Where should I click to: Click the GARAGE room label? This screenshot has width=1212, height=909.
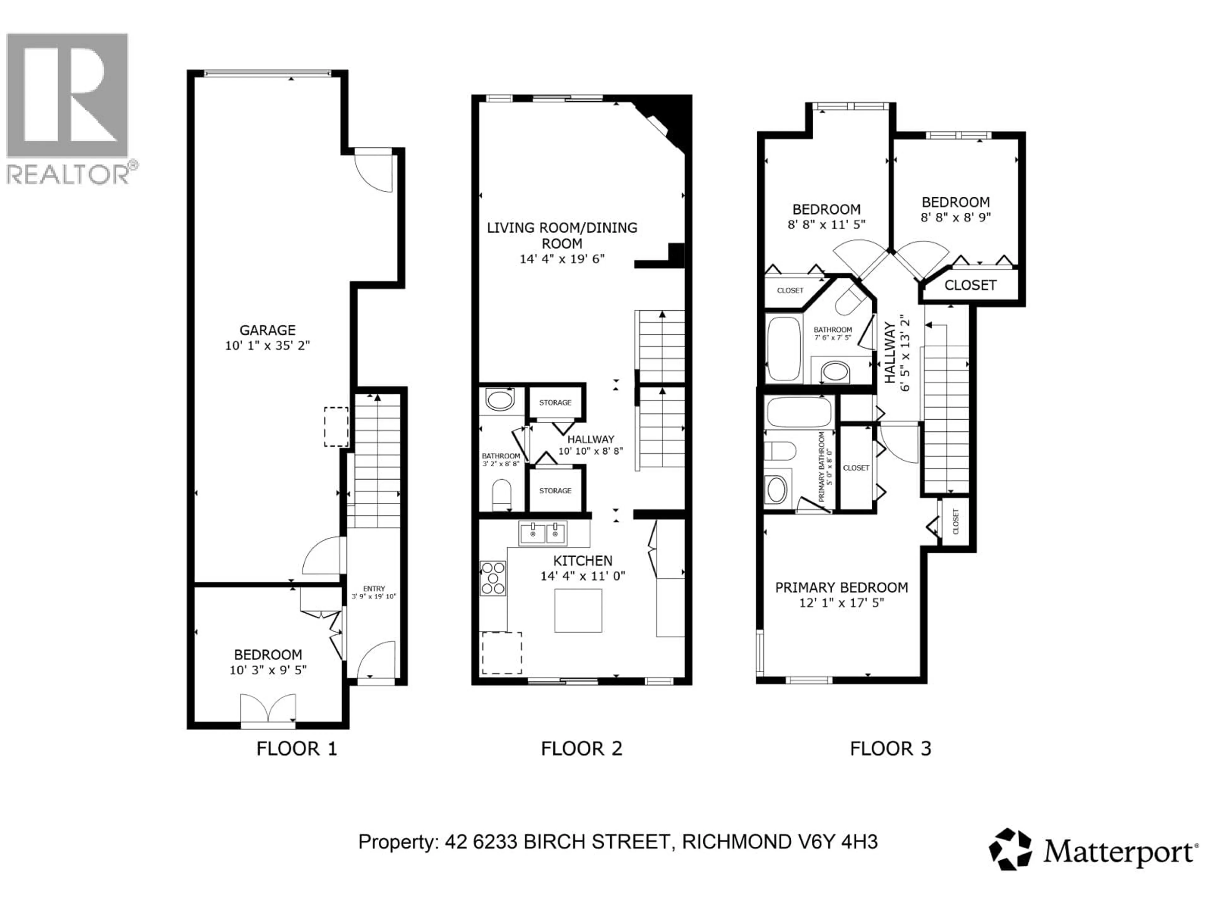[267, 330]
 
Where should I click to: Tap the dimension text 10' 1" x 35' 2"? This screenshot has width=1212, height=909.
[267, 346]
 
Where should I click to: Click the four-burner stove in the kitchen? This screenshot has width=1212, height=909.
[493, 578]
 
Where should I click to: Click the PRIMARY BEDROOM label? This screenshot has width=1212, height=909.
[841, 587]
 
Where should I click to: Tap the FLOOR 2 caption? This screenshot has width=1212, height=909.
[581, 748]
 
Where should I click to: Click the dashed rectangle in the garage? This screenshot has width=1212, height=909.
[336, 427]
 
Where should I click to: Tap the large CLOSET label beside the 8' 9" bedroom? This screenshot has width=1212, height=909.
[970, 285]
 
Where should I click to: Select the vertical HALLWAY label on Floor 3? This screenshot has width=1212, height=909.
[890, 352]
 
